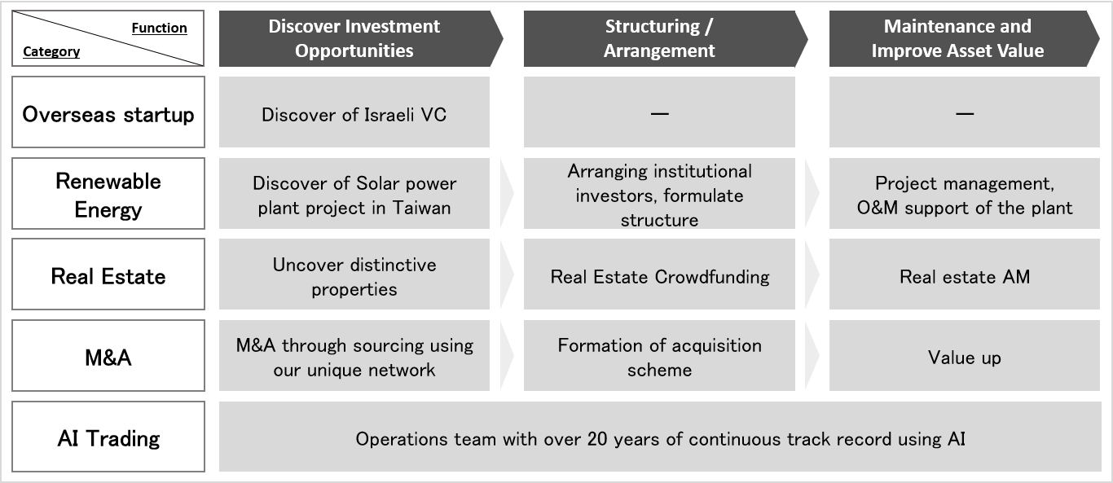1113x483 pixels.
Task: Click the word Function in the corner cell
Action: click(x=159, y=28)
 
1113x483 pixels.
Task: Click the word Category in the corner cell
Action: click(x=51, y=51)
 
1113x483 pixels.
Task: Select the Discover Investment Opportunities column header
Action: click(x=361, y=39)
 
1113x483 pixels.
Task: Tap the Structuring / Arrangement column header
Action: click(x=666, y=39)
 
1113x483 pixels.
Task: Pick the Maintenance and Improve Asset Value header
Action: click(x=964, y=39)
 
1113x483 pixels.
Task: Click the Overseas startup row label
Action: click(x=108, y=112)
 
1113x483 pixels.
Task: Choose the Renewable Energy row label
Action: click(x=108, y=193)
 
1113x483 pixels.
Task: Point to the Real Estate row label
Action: click(x=108, y=274)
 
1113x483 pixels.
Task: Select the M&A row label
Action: click(x=108, y=355)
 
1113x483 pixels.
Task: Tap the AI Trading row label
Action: click(x=108, y=437)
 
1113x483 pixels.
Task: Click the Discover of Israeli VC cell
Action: click(x=354, y=112)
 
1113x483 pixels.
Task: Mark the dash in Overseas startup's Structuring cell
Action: click(x=659, y=114)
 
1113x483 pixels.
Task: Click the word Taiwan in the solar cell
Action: click(x=421, y=208)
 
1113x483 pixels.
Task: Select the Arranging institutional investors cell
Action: click(x=659, y=193)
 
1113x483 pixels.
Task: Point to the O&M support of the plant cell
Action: click(x=965, y=193)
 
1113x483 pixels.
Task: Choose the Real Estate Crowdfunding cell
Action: click(x=659, y=274)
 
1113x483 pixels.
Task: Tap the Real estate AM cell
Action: click(x=965, y=274)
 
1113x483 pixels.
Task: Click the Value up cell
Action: click(x=965, y=355)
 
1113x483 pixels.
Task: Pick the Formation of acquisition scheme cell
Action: click(x=659, y=355)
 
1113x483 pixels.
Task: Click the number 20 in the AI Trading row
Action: click(x=596, y=439)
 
